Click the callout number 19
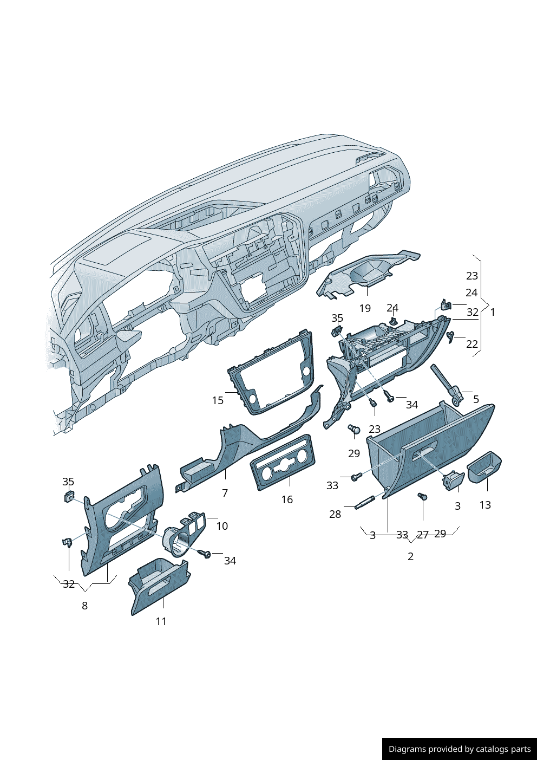pos(365,308)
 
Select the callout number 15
pos(218,400)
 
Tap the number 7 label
pos(225,493)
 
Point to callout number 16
pos(287,499)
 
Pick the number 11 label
pos(161,621)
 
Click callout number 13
pos(485,505)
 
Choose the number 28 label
pos(335,515)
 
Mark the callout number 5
pos(476,399)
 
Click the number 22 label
pos(472,344)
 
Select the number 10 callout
pos(222,526)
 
